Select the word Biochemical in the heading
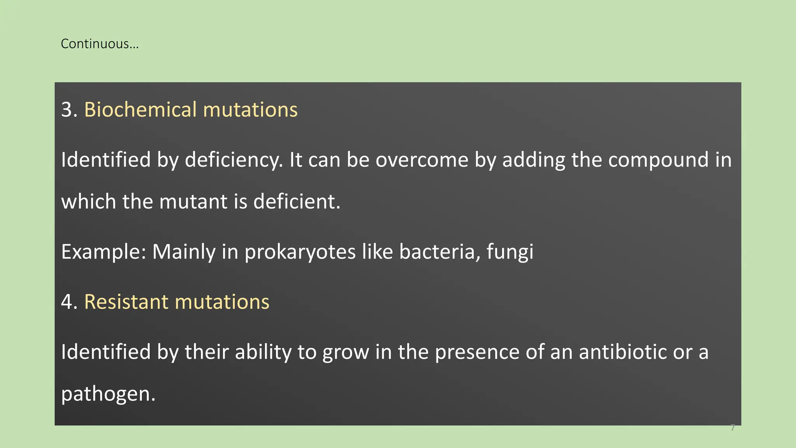point(140,110)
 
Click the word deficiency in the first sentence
point(233,160)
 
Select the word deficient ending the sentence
point(296,202)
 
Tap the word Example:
point(103,252)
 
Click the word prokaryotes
point(300,252)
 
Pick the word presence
point(477,352)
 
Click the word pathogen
point(107,394)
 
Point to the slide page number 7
point(733,428)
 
